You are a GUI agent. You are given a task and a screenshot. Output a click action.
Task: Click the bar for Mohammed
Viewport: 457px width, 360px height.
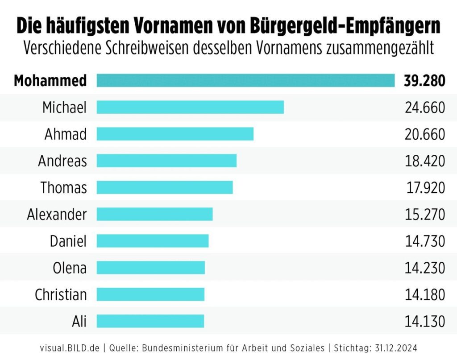click(245, 81)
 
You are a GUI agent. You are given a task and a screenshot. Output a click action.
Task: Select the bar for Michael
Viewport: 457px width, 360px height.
click(190, 108)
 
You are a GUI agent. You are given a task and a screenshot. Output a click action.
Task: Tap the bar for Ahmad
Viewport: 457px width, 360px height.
click(175, 134)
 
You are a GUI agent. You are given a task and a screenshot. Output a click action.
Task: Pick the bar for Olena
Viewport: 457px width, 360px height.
click(150, 268)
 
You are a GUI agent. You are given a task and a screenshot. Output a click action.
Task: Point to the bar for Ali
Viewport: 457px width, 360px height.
click(150, 321)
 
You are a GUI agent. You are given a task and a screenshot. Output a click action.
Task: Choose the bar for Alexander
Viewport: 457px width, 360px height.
click(154, 214)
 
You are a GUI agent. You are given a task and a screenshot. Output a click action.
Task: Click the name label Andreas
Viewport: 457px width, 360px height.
click(62, 161)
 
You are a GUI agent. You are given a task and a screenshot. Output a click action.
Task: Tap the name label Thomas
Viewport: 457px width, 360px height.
click(64, 188)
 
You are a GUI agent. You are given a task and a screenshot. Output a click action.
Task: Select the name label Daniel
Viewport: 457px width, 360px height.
click(68, 241)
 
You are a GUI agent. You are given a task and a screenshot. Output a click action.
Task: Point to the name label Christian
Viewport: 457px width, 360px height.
click(61, 294)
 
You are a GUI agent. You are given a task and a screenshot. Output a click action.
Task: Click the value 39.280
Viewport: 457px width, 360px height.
click(424, 81)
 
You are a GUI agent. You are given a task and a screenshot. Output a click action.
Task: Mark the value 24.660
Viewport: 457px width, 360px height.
click(425, 108)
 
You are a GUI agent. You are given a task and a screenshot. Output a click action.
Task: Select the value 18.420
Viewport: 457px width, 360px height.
click(425, 161)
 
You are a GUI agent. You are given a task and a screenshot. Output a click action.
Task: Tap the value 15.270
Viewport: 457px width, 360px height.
click(425, 215)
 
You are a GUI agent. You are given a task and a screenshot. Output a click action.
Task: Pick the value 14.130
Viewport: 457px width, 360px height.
click(425, 321)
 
